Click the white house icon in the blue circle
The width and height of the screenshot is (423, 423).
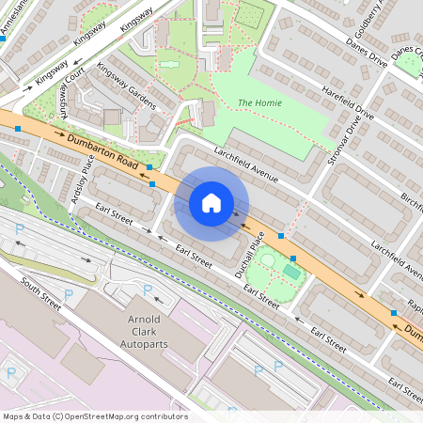coord(211,202)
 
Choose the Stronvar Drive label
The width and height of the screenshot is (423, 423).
coord(347,135)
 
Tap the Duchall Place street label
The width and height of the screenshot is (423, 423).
coord(249,257)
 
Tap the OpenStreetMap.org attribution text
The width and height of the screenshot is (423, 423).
coord(94,416)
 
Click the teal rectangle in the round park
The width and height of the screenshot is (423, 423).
coord(292,272)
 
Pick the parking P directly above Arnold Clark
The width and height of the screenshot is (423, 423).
coord(147,290)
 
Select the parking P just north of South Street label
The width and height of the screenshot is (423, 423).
coord(18,246)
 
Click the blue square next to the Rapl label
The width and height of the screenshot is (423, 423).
coord(394,312)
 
